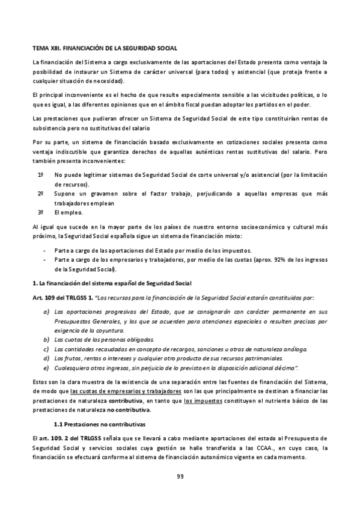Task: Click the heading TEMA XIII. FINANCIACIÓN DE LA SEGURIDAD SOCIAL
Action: [105, 46]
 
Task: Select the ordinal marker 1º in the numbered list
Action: [41, 175]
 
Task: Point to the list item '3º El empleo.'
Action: [60, 212]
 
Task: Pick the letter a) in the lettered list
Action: [46, 312]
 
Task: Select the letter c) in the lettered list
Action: [46, 349]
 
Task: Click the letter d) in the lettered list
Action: [46, 358]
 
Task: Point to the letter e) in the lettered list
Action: [46, 367]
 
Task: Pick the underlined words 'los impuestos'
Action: [201, 401]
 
